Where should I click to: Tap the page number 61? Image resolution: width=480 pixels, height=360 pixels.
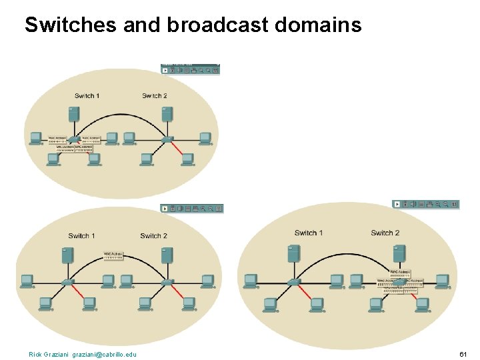[464, 354]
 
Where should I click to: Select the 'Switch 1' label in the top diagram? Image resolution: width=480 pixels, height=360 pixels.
[87, 96]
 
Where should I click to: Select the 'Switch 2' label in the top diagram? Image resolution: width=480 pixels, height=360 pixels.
[155, 96]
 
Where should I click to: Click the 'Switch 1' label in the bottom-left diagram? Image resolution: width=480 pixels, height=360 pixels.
[81, 236]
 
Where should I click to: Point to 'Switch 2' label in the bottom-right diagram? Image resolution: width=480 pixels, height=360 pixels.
[385, 233]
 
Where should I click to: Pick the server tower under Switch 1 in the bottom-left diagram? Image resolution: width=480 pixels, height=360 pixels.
[67, 255]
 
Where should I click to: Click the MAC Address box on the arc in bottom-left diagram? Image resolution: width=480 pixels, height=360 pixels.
[113, 255]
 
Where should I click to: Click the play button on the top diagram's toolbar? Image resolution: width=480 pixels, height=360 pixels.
[165, 69]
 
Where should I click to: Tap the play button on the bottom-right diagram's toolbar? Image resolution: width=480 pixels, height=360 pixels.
[397, 204]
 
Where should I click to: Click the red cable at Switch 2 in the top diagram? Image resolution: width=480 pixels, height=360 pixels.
[177, 148]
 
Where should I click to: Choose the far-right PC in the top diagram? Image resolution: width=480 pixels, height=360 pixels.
[205, 139]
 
